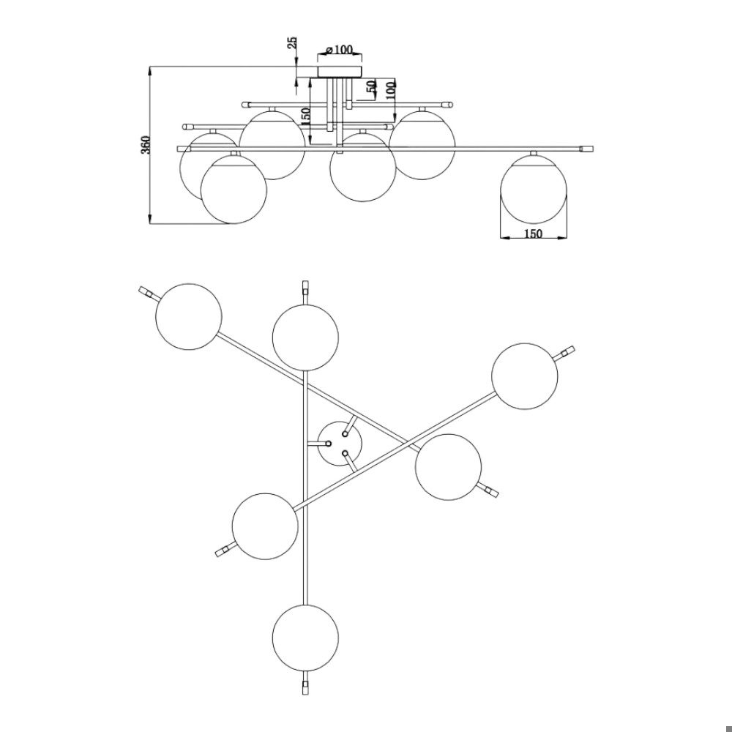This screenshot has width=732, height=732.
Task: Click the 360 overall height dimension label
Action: tap(146, 145)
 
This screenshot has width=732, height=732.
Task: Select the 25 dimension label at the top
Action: tap(292, 43)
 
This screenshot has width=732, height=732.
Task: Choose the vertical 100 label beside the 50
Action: tap(391, 89)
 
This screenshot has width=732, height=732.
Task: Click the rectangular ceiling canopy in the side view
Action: tap(340, 72)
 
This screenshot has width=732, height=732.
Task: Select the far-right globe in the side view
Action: tap(534, 190)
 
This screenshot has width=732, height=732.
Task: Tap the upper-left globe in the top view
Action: tap(189, 316)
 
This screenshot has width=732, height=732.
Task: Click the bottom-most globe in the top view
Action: tap(305, 638)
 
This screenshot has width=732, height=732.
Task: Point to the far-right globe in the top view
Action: tap(525, 376)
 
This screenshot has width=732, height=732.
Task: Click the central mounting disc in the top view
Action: tap(340, 444)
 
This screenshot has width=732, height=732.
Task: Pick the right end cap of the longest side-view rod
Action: tap(586, 149)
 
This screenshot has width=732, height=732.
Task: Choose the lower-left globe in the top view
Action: tap(265, 526)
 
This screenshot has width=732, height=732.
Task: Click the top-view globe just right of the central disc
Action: tap(448, 467)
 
